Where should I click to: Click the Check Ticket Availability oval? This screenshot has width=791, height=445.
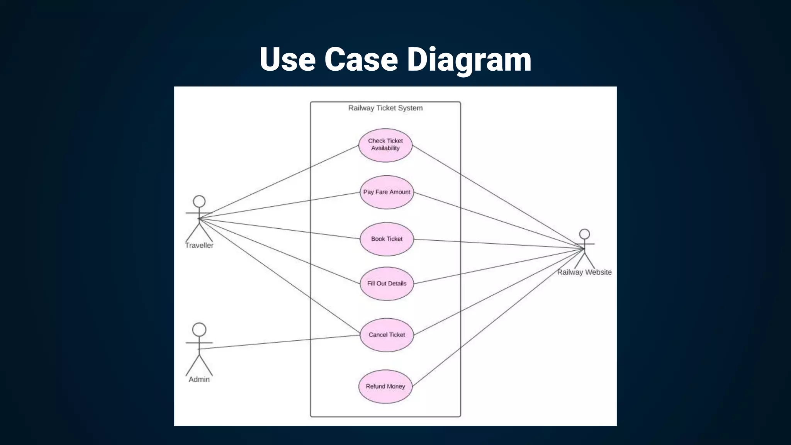point(385,145)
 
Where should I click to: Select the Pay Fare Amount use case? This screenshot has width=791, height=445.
point(387,192)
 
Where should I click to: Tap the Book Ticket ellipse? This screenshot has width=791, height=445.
point(387,239)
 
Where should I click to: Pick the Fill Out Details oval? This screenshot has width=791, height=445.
point(387,284)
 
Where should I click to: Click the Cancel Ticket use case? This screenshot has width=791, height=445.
point(387,335)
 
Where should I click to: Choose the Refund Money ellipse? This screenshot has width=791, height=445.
point(385,386)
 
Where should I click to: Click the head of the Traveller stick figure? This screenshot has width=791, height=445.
point(199,201)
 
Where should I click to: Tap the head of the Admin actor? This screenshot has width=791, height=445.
point(199,330)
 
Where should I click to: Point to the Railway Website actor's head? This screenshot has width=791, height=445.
point(584,234)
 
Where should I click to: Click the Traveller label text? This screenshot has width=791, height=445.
point(199,245)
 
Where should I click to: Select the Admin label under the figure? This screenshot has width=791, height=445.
point(199,379)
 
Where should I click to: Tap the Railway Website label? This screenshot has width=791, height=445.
point(584,272)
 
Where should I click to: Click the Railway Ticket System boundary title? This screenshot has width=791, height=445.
point(385,108)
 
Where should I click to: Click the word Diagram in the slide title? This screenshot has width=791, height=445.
point(469,59)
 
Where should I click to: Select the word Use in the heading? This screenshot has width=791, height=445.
point(287,59)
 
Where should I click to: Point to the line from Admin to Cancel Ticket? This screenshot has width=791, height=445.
point(278,342)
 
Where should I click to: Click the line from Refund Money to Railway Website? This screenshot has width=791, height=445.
point(498,318)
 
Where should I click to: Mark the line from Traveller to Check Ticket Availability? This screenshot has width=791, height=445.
point(278,182)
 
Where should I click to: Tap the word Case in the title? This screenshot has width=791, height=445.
point(361,59)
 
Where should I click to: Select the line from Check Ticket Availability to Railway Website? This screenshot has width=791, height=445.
point(498,197)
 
